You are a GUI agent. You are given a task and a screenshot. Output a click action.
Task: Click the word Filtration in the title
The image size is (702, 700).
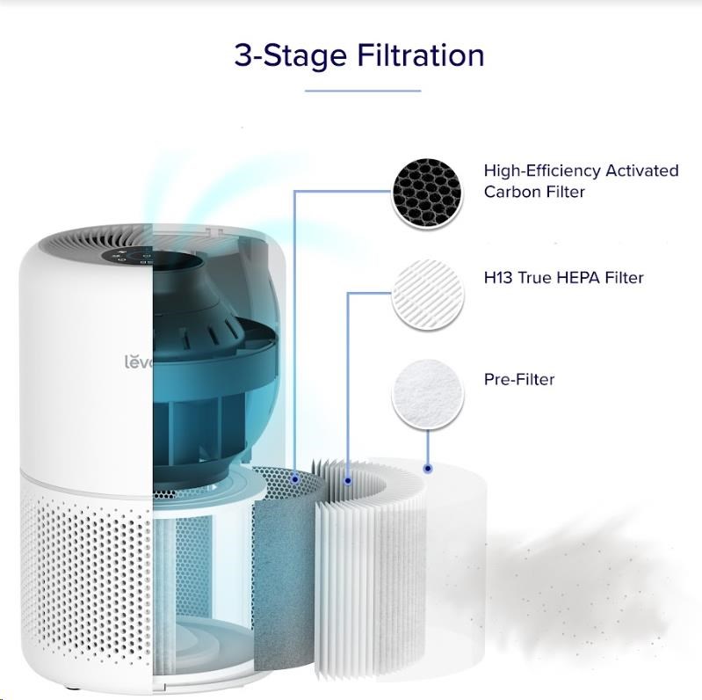point(420,55)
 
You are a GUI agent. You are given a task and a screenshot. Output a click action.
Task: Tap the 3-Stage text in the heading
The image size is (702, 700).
point(291,56)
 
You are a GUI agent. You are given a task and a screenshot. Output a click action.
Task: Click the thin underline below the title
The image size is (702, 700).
point(363,91)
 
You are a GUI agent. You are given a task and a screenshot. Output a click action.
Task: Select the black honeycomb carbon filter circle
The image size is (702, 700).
point(427,193)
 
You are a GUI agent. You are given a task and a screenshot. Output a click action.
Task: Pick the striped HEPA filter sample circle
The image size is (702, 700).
point(428,294)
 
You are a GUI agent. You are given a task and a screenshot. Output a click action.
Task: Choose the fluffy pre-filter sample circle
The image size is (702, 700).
point(428,394)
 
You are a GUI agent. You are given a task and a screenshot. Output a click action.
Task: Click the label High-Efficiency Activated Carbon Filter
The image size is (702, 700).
point(581,181)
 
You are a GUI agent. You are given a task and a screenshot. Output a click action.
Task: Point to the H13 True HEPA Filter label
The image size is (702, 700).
point(564,278)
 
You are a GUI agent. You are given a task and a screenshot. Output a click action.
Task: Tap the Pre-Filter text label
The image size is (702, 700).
point(519,380)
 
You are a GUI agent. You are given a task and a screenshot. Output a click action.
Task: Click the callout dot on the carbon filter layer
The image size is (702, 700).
point(294,479)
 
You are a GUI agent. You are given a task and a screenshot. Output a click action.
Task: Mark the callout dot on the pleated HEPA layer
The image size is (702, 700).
point(348,481)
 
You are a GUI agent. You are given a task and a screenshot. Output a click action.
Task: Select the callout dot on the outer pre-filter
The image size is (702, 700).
point(428,469)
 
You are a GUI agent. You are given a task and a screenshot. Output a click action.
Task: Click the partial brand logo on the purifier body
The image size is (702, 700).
point(139,361)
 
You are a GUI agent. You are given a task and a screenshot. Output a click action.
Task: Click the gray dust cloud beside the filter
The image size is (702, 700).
point(573,582)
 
